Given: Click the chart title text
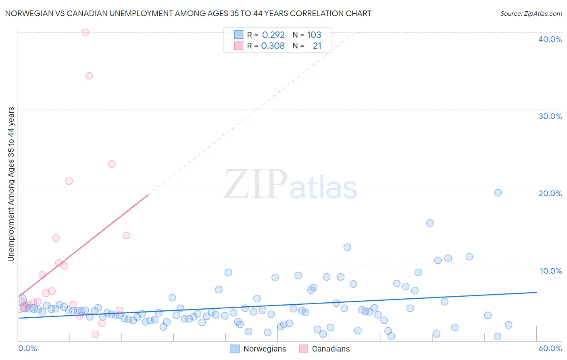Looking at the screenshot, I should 188,13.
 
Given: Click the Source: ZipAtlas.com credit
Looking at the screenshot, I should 531,13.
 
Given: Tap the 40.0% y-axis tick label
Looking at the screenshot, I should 550,39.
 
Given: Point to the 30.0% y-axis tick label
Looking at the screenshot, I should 550,116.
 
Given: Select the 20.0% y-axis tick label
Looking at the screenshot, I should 550,193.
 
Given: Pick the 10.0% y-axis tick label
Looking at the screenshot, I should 551,271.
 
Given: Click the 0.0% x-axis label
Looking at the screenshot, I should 28,348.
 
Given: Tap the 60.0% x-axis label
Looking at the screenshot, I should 550,348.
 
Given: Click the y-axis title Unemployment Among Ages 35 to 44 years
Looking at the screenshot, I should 11,184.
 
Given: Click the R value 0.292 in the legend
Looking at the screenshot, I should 273,35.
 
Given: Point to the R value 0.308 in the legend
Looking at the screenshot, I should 273,46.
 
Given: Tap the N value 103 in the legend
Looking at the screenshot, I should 314,35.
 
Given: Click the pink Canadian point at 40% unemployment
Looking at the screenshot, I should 85,32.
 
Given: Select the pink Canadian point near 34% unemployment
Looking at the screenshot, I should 89,75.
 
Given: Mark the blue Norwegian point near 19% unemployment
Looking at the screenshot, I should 498,193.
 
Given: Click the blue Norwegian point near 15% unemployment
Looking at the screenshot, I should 430,223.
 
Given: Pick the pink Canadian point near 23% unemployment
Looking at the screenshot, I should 112,164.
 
